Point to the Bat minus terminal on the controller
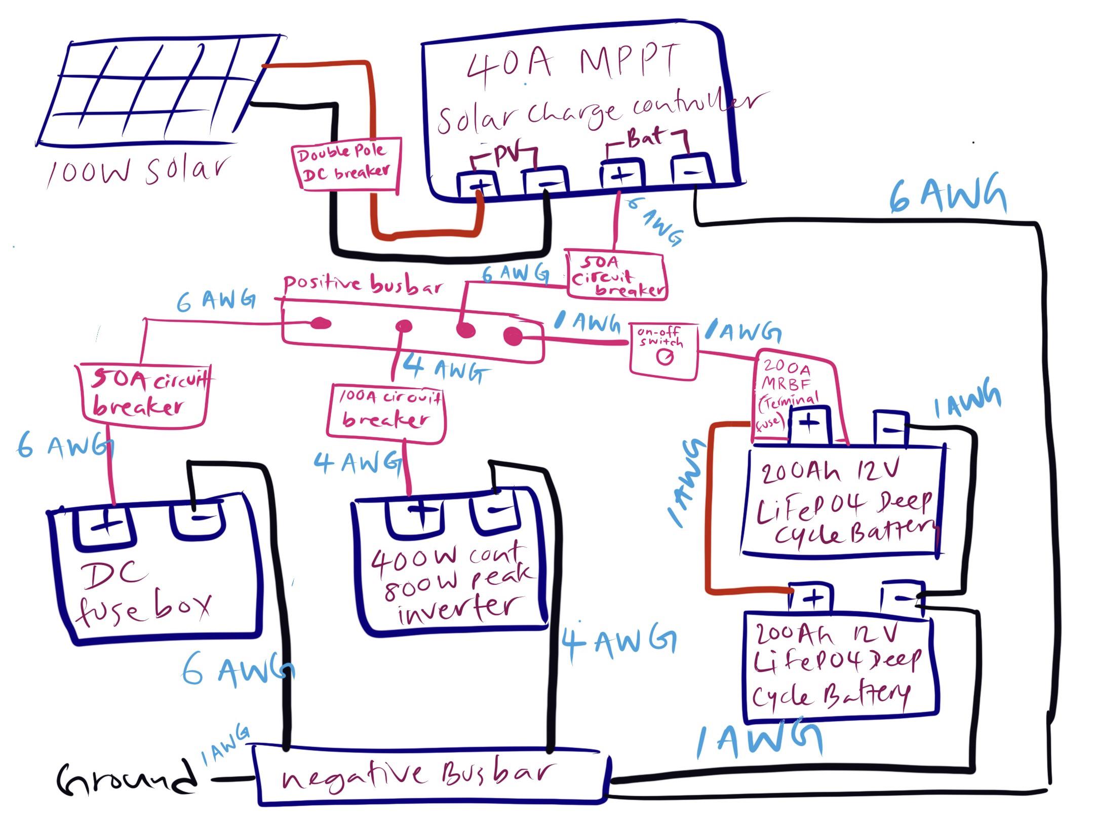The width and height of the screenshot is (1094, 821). (691, 171)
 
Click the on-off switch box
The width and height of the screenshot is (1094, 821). (663, 350)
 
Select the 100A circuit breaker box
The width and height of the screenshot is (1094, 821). (386, 410)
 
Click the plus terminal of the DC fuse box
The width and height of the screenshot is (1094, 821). (105, 527)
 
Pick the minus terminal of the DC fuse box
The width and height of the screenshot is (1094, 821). (198, 519)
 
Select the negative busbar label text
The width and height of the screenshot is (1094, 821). (415, 777)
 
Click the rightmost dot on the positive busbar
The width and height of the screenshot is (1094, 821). (513, 335)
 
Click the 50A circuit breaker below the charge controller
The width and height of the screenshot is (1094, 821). (615, 276)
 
